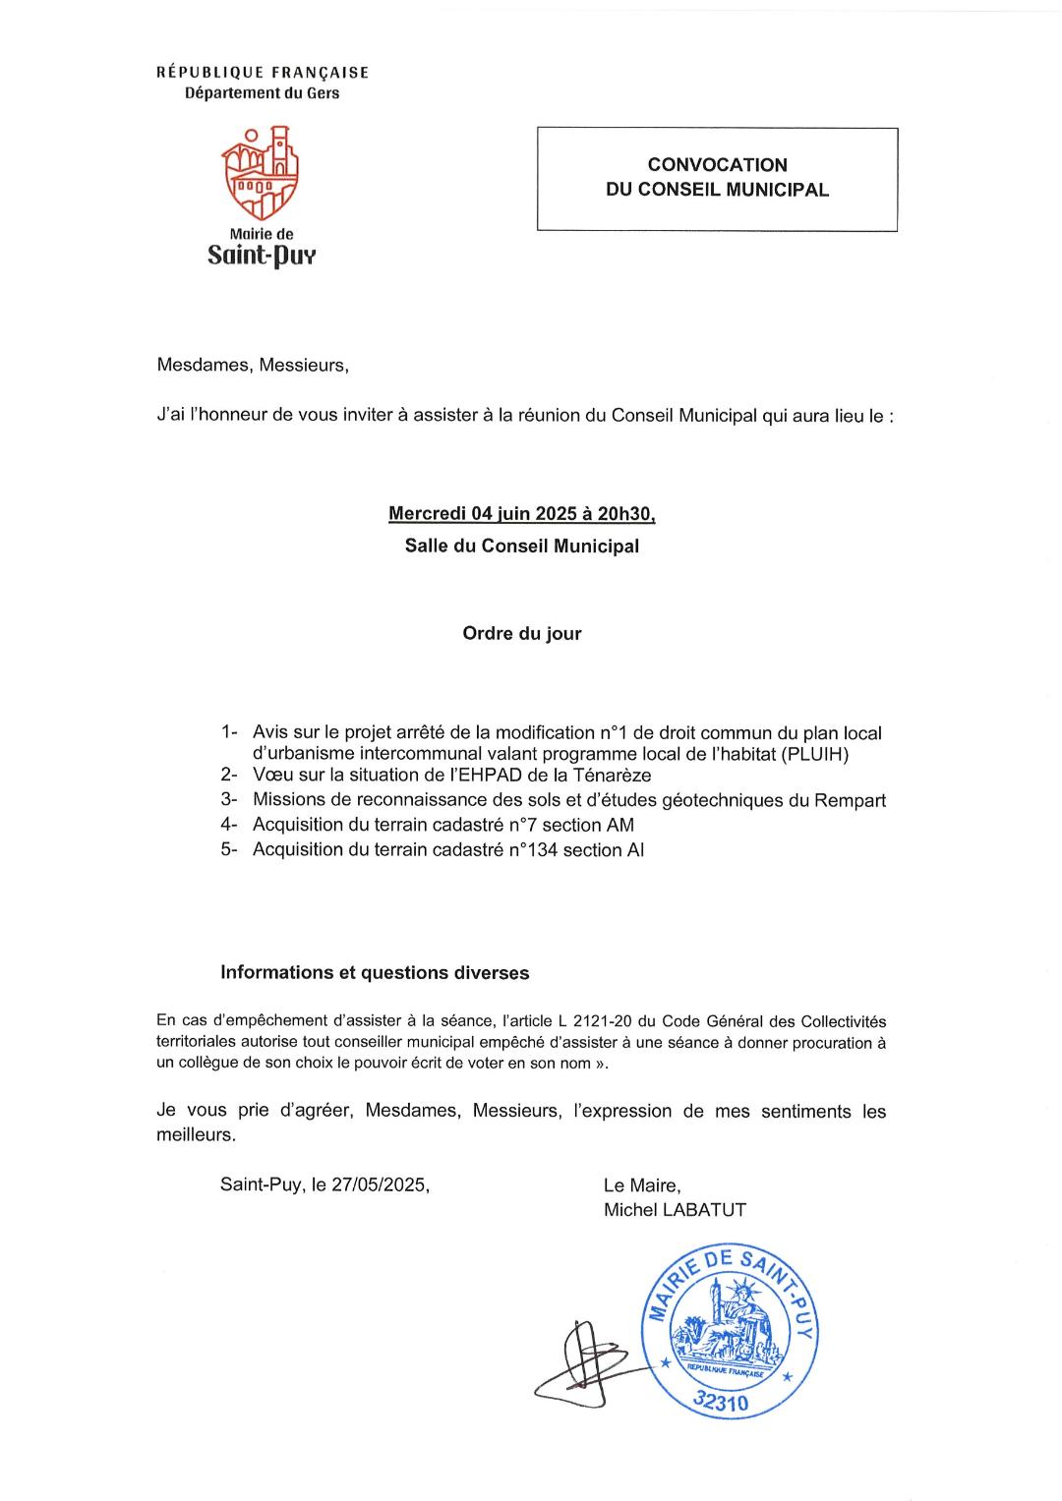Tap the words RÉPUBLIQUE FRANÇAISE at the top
[263, 73]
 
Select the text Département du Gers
[263, 93]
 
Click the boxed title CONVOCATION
[717, 165]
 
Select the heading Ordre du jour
[521, 634]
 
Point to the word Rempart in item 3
[849, 800]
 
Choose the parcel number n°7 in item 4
[526, 825]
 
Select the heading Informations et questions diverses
[375, 973]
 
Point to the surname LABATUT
[704, 1210]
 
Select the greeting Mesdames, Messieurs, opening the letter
[253, 366]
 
